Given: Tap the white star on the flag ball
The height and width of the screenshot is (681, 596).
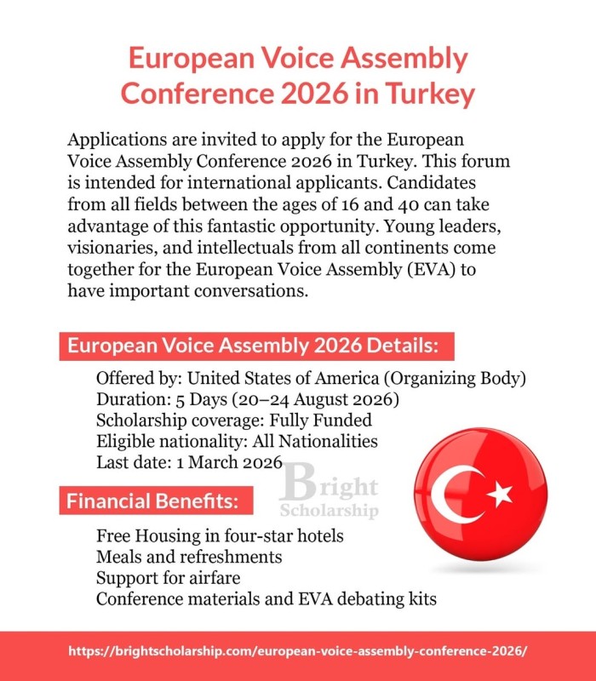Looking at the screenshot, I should point(500,493).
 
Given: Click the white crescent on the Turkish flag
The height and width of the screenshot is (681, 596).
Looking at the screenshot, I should point(451,495).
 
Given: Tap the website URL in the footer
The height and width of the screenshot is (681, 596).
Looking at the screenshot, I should point(298,650).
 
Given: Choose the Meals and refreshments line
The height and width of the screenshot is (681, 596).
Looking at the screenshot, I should point(189,557).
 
